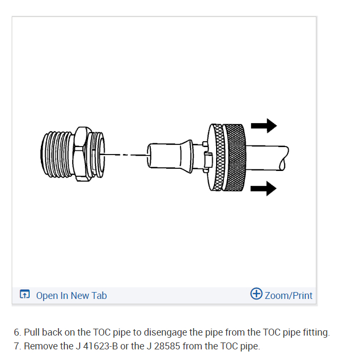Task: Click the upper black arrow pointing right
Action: pyautogui.click(x=264, y=126)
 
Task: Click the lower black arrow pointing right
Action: pyautogui.click(x=264, y=187)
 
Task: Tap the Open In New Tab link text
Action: pyautogui.click(x=71, y=295)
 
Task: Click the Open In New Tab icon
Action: pyautogui.click(x=24, y=295)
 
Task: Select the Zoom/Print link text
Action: pyautogui.click(x=288, y=295)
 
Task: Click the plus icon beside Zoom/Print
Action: pyautogui.click(x=256, y=294)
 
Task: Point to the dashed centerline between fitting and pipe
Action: pyautogui.click(x=123, y=155)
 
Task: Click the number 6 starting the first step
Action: pyautogui.click(x=17, y=333)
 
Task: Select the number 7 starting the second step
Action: pyautogui.click(x=17, y=346)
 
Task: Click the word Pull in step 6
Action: pyautogui.click(x=32, y=333)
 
